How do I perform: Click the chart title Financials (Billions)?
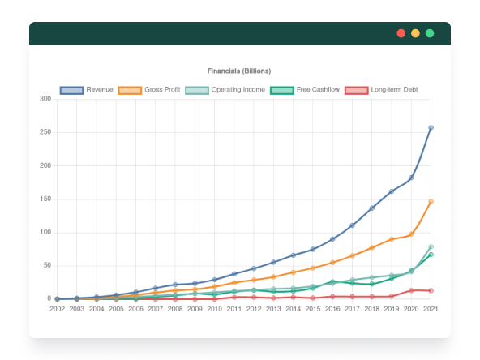[x=238, y=71]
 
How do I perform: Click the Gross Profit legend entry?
[x=148, y=89]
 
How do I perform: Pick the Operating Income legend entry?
[x=225, y=89]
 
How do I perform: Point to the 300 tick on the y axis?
[x=45, y=99]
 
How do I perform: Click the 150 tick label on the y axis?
[x=45, y=199]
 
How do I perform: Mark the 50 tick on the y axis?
[x=47, y=265]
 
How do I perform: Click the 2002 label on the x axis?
[x=57, y=309]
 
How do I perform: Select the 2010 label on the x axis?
[x=214, y=309]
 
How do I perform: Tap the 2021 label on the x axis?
[x=431, y=309]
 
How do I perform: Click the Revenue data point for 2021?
[x=431, y=127]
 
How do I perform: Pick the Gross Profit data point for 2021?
[x=431, y=201]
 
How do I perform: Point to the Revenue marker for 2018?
[x=371, y=208]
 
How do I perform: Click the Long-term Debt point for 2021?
[x=431, y=290]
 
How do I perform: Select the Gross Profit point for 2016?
[x=332, y=262]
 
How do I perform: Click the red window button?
[x=401, y=33]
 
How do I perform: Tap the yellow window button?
[x=415, y=33]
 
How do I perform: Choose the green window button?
[x=430, y=33]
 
